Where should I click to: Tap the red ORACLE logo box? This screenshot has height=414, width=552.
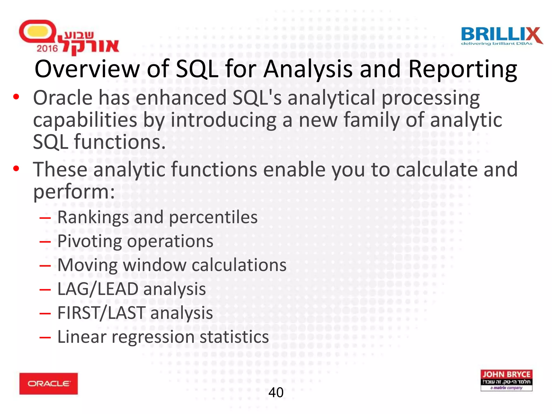(x=49, y=384)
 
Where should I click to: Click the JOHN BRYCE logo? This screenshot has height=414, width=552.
(x=506, y=380)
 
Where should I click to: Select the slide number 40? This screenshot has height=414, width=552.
(x=276, y=392)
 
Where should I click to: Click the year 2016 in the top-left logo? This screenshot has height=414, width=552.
(x=47, y=49)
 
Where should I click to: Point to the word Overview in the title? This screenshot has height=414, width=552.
(x=87, y=69)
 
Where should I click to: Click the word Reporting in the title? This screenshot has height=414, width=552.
(x=463, y=69)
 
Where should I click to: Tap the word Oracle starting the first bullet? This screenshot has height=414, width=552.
(x=63, y=98)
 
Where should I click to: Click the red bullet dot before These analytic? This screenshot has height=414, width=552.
(x=16, y=169)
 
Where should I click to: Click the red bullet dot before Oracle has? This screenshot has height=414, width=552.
(x=16, y=97)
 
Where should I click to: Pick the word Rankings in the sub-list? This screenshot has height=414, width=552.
(x=93, y=217)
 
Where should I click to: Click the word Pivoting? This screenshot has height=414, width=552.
(x=89, y=241)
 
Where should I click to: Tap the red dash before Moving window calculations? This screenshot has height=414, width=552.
(x=45, y=265)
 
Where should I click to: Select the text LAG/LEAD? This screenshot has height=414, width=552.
(x=98, y=289)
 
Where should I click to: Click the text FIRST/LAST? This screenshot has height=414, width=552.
(x=101, y=313)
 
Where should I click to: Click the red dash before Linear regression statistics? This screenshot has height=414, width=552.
(x=45, y=337)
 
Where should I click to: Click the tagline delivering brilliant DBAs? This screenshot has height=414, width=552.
(x=496, y=44)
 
